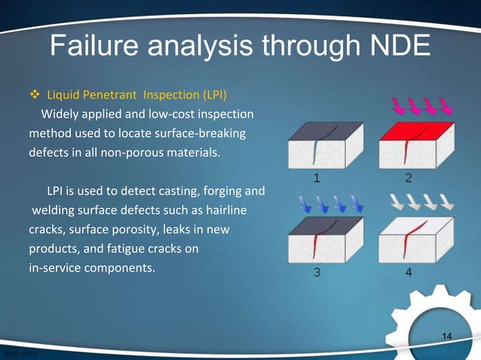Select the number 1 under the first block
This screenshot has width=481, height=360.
click(317, 178)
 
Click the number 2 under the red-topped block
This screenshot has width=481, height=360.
click(408, 178)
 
